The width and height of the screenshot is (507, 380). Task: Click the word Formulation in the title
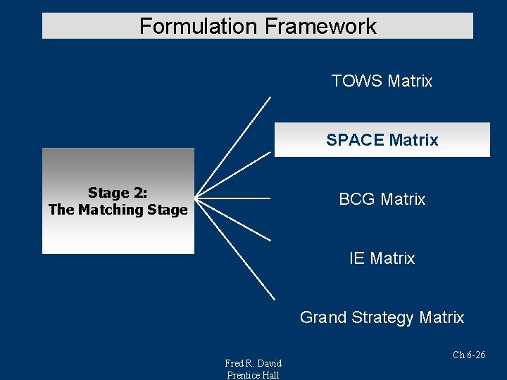tap(199, 27)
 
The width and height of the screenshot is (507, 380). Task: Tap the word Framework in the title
tap(320, 27)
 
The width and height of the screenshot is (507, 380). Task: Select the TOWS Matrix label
tap(382, 81)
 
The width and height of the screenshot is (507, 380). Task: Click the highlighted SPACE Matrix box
tap(382, 140)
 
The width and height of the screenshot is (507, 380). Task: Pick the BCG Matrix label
tap(382, 199)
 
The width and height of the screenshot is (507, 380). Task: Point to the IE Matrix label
tap(382, 258)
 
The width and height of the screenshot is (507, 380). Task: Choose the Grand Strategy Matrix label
tap(382, 317)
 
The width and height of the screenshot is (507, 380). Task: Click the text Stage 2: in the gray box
tap(118, 193)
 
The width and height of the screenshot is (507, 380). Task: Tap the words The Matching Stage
tap(118, 210)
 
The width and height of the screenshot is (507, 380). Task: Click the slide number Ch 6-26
tap(468, 355)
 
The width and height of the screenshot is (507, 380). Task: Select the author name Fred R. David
tap(253, 363)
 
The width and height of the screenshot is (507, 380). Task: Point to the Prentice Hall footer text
tap(253, 375)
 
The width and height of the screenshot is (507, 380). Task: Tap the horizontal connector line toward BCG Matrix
tap(232, 199)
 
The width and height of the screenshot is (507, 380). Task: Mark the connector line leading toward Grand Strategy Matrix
tap(236, 251)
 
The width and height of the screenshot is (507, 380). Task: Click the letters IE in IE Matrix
tap(357, 258)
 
